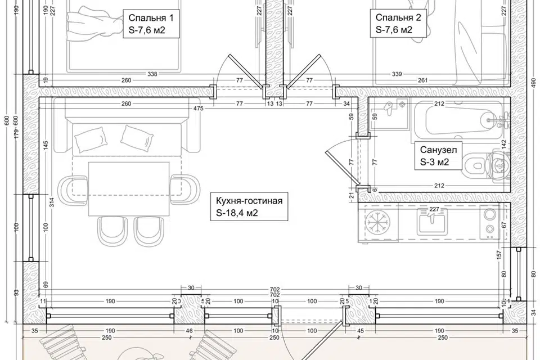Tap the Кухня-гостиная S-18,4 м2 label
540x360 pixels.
click(249, 206)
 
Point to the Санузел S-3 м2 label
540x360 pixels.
click(438, 156)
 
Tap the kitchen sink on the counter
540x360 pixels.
click(433, 222)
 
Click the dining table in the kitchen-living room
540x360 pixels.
click(129, 189)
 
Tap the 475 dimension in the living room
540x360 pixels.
click(199, 108)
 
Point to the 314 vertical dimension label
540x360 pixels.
click(52, 202)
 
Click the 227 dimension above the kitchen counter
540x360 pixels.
click(434, 209)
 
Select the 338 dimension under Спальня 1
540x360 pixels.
click(152, 74)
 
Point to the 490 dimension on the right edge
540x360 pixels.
click(534, 82)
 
